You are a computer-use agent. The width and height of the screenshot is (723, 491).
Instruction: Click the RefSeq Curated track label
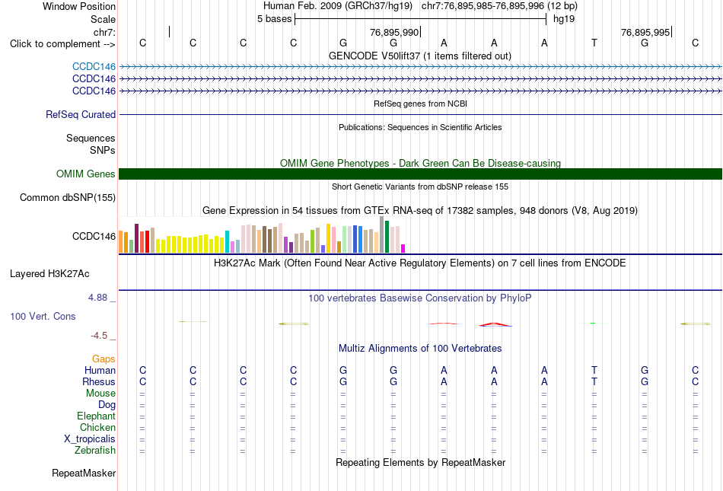coord(81,114)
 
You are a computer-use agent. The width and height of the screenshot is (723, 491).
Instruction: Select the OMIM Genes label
coord(86,174)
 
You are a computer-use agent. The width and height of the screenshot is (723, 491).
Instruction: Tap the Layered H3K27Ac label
coord(49,274)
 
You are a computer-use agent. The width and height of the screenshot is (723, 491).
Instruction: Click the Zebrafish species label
coord(95,450)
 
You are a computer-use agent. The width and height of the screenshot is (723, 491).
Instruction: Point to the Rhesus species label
coord(99,381)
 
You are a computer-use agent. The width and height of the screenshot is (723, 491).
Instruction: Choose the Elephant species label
coord(97,416)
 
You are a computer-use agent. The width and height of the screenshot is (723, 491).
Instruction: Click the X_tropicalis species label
coord(90,439)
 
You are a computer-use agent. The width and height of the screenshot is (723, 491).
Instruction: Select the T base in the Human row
coord(594,370)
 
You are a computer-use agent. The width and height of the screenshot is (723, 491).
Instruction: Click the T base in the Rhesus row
coord(594,381)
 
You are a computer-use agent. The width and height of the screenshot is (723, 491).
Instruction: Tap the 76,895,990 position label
coord(394,32)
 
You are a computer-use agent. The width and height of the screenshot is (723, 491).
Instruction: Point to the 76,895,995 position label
coord(645,32)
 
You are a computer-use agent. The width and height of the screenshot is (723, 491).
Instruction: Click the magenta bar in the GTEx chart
coord(403,248)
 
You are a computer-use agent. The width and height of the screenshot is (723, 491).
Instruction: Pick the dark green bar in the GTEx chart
coord(387,237)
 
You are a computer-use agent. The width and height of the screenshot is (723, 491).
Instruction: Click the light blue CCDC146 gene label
coord(94,67)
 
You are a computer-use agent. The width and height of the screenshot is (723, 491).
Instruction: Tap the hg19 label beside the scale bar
coord(564,19)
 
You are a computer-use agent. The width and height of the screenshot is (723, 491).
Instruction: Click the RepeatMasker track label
coord(84,473)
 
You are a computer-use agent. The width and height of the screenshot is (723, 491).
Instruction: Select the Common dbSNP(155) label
coord(68,198)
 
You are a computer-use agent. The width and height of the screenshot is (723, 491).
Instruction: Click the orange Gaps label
coord(104,359)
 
